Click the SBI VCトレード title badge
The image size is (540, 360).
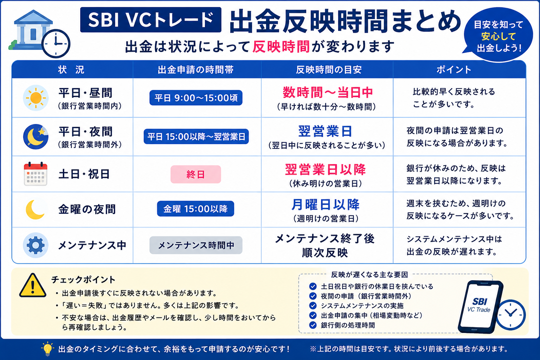point(151,20)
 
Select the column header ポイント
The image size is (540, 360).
point(454,70)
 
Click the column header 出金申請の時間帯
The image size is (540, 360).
point(195,70)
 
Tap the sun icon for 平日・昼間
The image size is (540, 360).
point(36,98)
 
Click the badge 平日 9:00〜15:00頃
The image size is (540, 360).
point(196,98)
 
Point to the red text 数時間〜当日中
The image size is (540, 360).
point(328,92)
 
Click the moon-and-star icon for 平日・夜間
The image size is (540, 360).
point(36,137)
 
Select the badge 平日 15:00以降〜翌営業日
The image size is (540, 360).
point(196,137)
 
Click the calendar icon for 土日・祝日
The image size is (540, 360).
point(36,174)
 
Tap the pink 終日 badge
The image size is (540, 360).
point(196,174)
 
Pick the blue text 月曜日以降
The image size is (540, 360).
point(326,205)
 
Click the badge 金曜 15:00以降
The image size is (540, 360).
point(195,209)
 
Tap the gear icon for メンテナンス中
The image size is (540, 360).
point(36,245)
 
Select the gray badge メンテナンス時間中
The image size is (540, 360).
point(196,245)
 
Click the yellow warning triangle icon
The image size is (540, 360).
point(33,286)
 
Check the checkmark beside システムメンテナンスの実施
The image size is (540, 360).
point(313,306)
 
